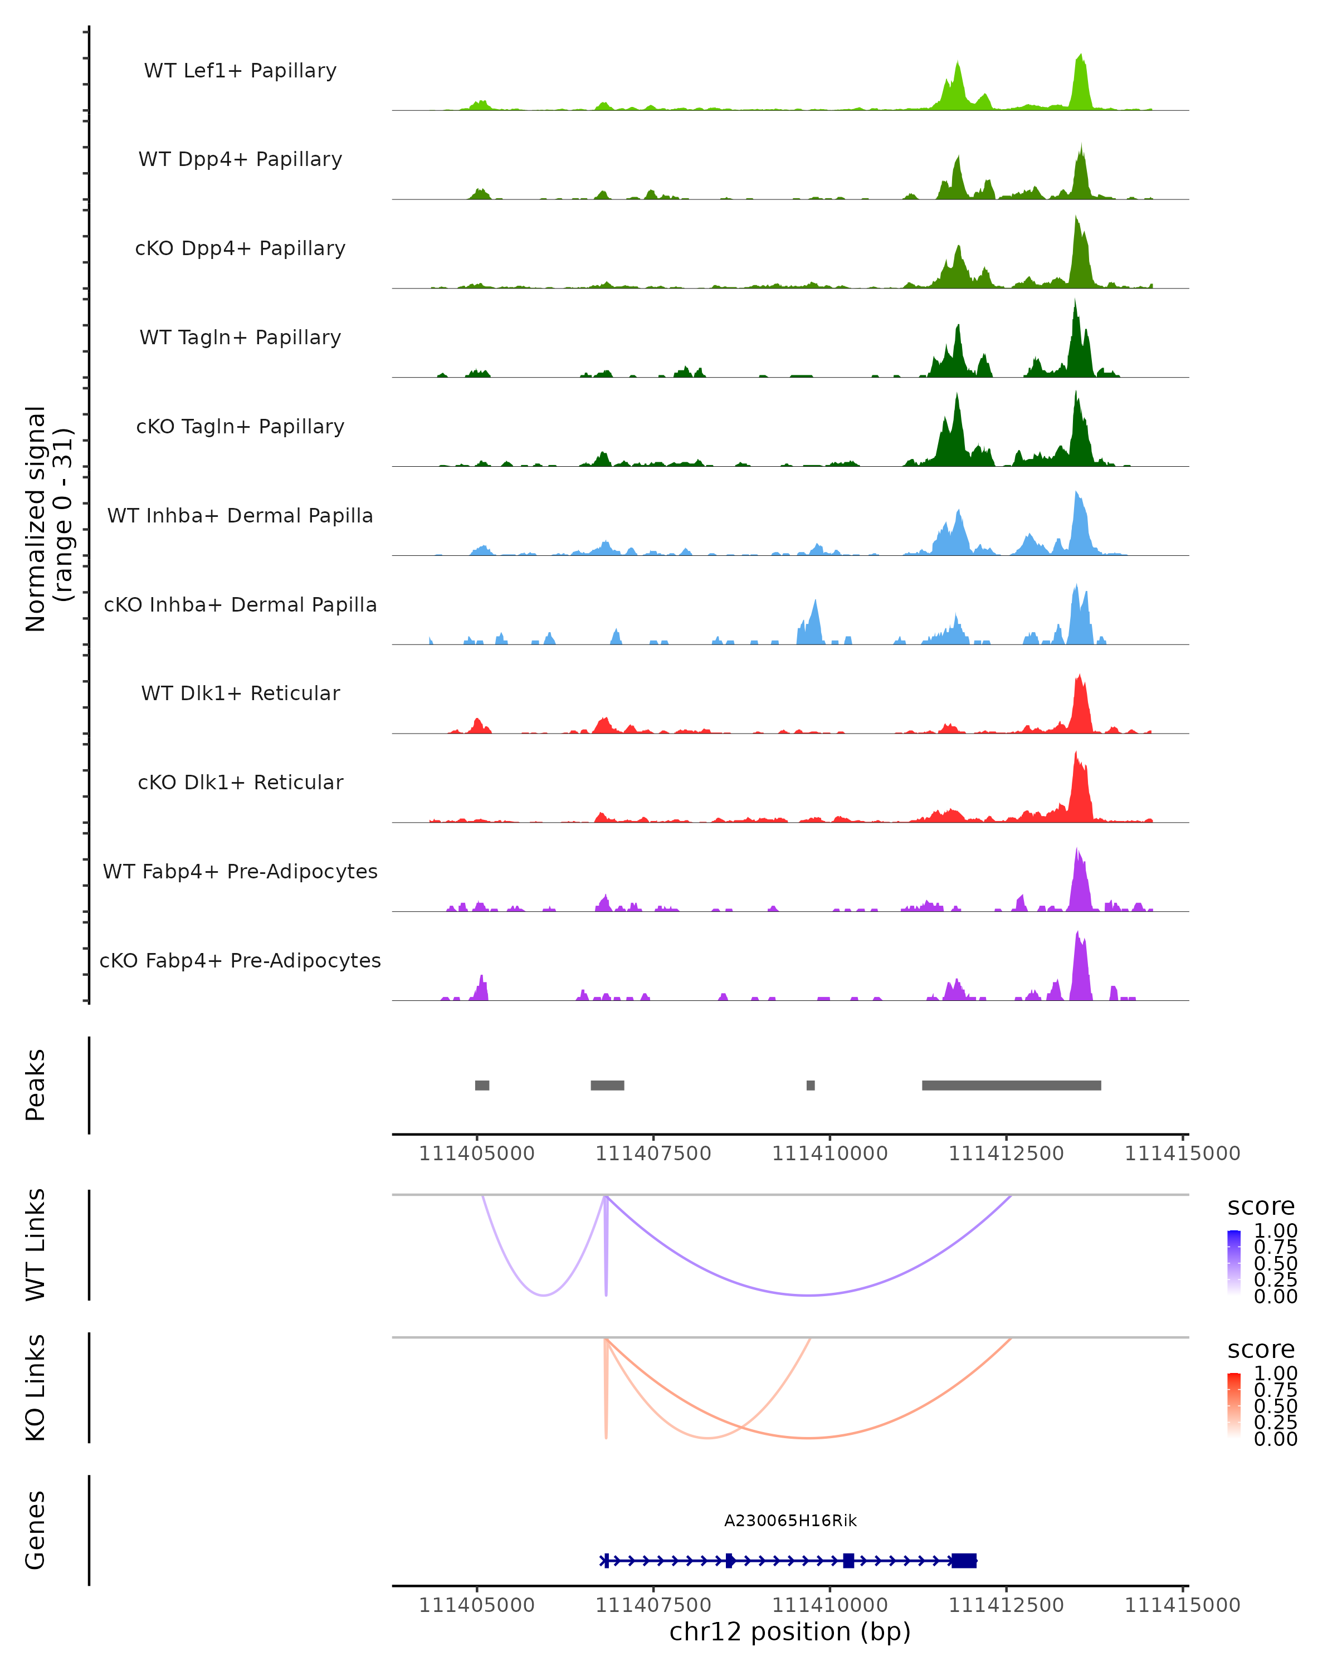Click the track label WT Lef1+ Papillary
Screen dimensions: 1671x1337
[240, 71]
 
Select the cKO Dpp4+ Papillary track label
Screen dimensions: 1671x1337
[240, 249]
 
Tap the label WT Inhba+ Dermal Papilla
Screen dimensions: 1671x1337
[240, 516]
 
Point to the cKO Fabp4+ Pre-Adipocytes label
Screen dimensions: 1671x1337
[240, 961]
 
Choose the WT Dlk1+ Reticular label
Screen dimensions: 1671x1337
[240, 693]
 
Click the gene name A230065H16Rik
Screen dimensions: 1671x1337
[790, 1521]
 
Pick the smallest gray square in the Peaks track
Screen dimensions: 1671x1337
[811, 1085]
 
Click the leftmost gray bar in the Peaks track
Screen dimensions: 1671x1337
[482, 1085]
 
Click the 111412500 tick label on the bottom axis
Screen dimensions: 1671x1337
[1006, 1605]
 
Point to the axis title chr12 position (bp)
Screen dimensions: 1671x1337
[790, 1632]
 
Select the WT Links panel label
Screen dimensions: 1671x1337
[36, 1245]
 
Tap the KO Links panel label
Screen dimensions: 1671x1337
[36, 1387]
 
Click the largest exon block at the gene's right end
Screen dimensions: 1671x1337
[964, 1561]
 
